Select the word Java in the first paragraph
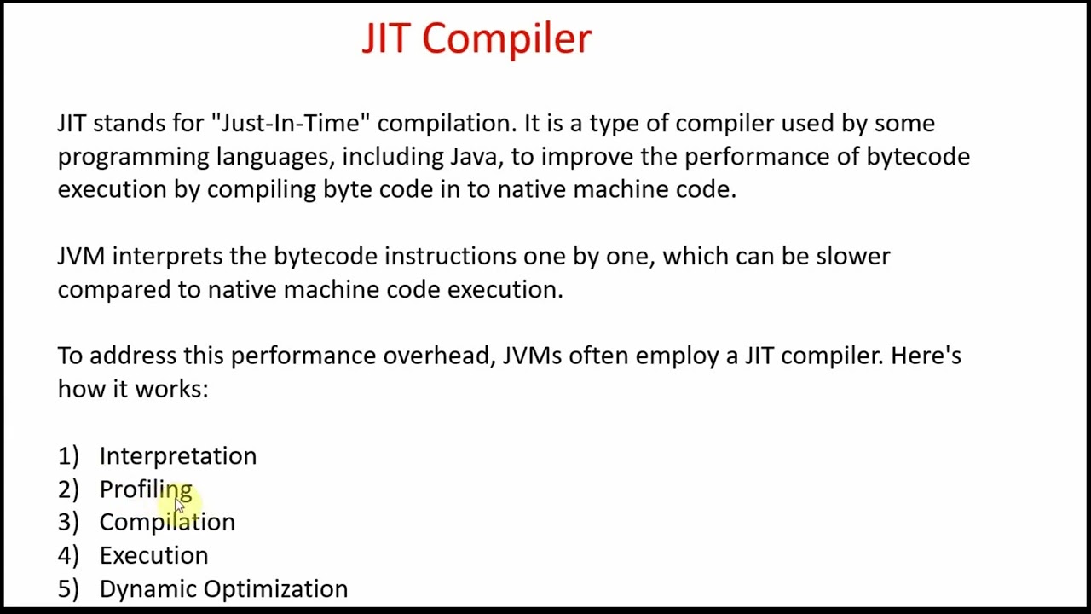point(476,157)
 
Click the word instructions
point(450,257)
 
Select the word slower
point(852,257)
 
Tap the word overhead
point(438,356)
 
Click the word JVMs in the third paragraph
point(532,356)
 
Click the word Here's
point(926,356)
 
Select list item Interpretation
point(177,456)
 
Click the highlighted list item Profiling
point(145,489)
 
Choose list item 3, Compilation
point(167,523)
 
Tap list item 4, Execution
point(153,556)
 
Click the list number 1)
point(68,456)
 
